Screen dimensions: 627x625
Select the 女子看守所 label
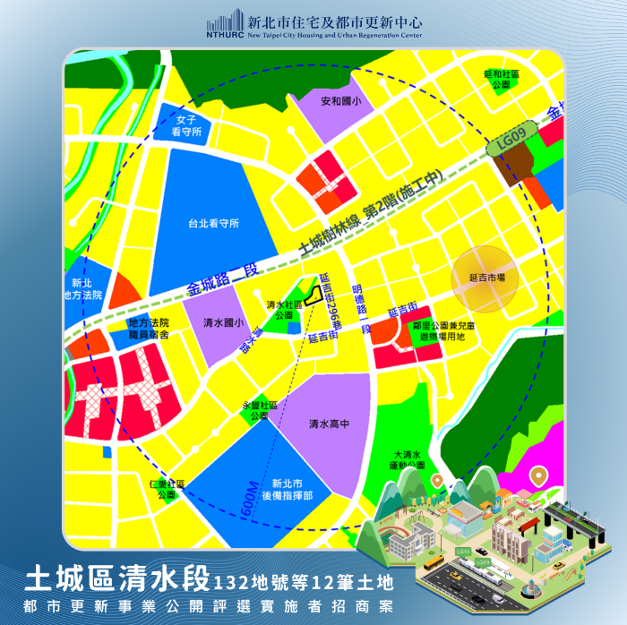point(187,125)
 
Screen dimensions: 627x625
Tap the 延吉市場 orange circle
point(486,278)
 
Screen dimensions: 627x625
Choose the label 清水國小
point(220,322)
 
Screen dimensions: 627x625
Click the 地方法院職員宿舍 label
point(148,328)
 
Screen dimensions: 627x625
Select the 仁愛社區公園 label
point(167,489)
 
